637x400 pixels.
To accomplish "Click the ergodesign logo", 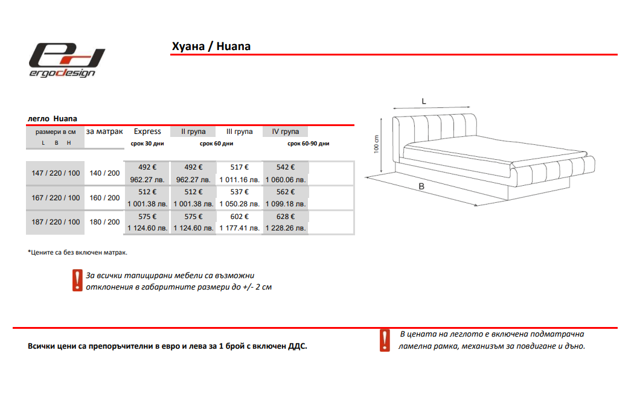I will (x=68, y=60).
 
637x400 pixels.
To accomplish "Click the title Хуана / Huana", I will (x=211, y=46).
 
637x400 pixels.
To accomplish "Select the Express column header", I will (x=147, y=132).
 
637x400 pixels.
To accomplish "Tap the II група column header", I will (x=193, y=132).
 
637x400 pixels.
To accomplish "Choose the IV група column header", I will (x=286, y=132).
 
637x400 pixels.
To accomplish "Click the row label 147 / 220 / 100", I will (x=56, y=173).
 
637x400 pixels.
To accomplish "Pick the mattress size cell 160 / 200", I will (x=104, y=198).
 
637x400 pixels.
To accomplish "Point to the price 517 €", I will (x=239, y=167).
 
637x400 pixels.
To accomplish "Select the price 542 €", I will (x=286, y=167).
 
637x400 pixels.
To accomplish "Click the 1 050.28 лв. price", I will (x=239, y=205).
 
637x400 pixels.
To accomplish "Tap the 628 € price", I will (x=286, y=217).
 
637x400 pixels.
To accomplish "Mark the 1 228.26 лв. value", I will (x=286, y=229).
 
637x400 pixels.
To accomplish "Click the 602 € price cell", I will (x=239, y=217).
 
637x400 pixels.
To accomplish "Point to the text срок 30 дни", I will (x=147, y=144).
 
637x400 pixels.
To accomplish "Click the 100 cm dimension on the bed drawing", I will (x=376, y=144).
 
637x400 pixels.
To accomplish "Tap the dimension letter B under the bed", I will (x=421, y=187).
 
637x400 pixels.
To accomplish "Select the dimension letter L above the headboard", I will (x=424, y=102).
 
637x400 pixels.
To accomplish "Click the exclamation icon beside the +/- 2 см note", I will (x=77, y=281).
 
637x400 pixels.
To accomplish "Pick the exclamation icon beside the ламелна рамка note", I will (x=385, y=340).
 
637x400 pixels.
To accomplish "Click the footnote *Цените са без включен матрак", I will (x=77, y=252).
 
